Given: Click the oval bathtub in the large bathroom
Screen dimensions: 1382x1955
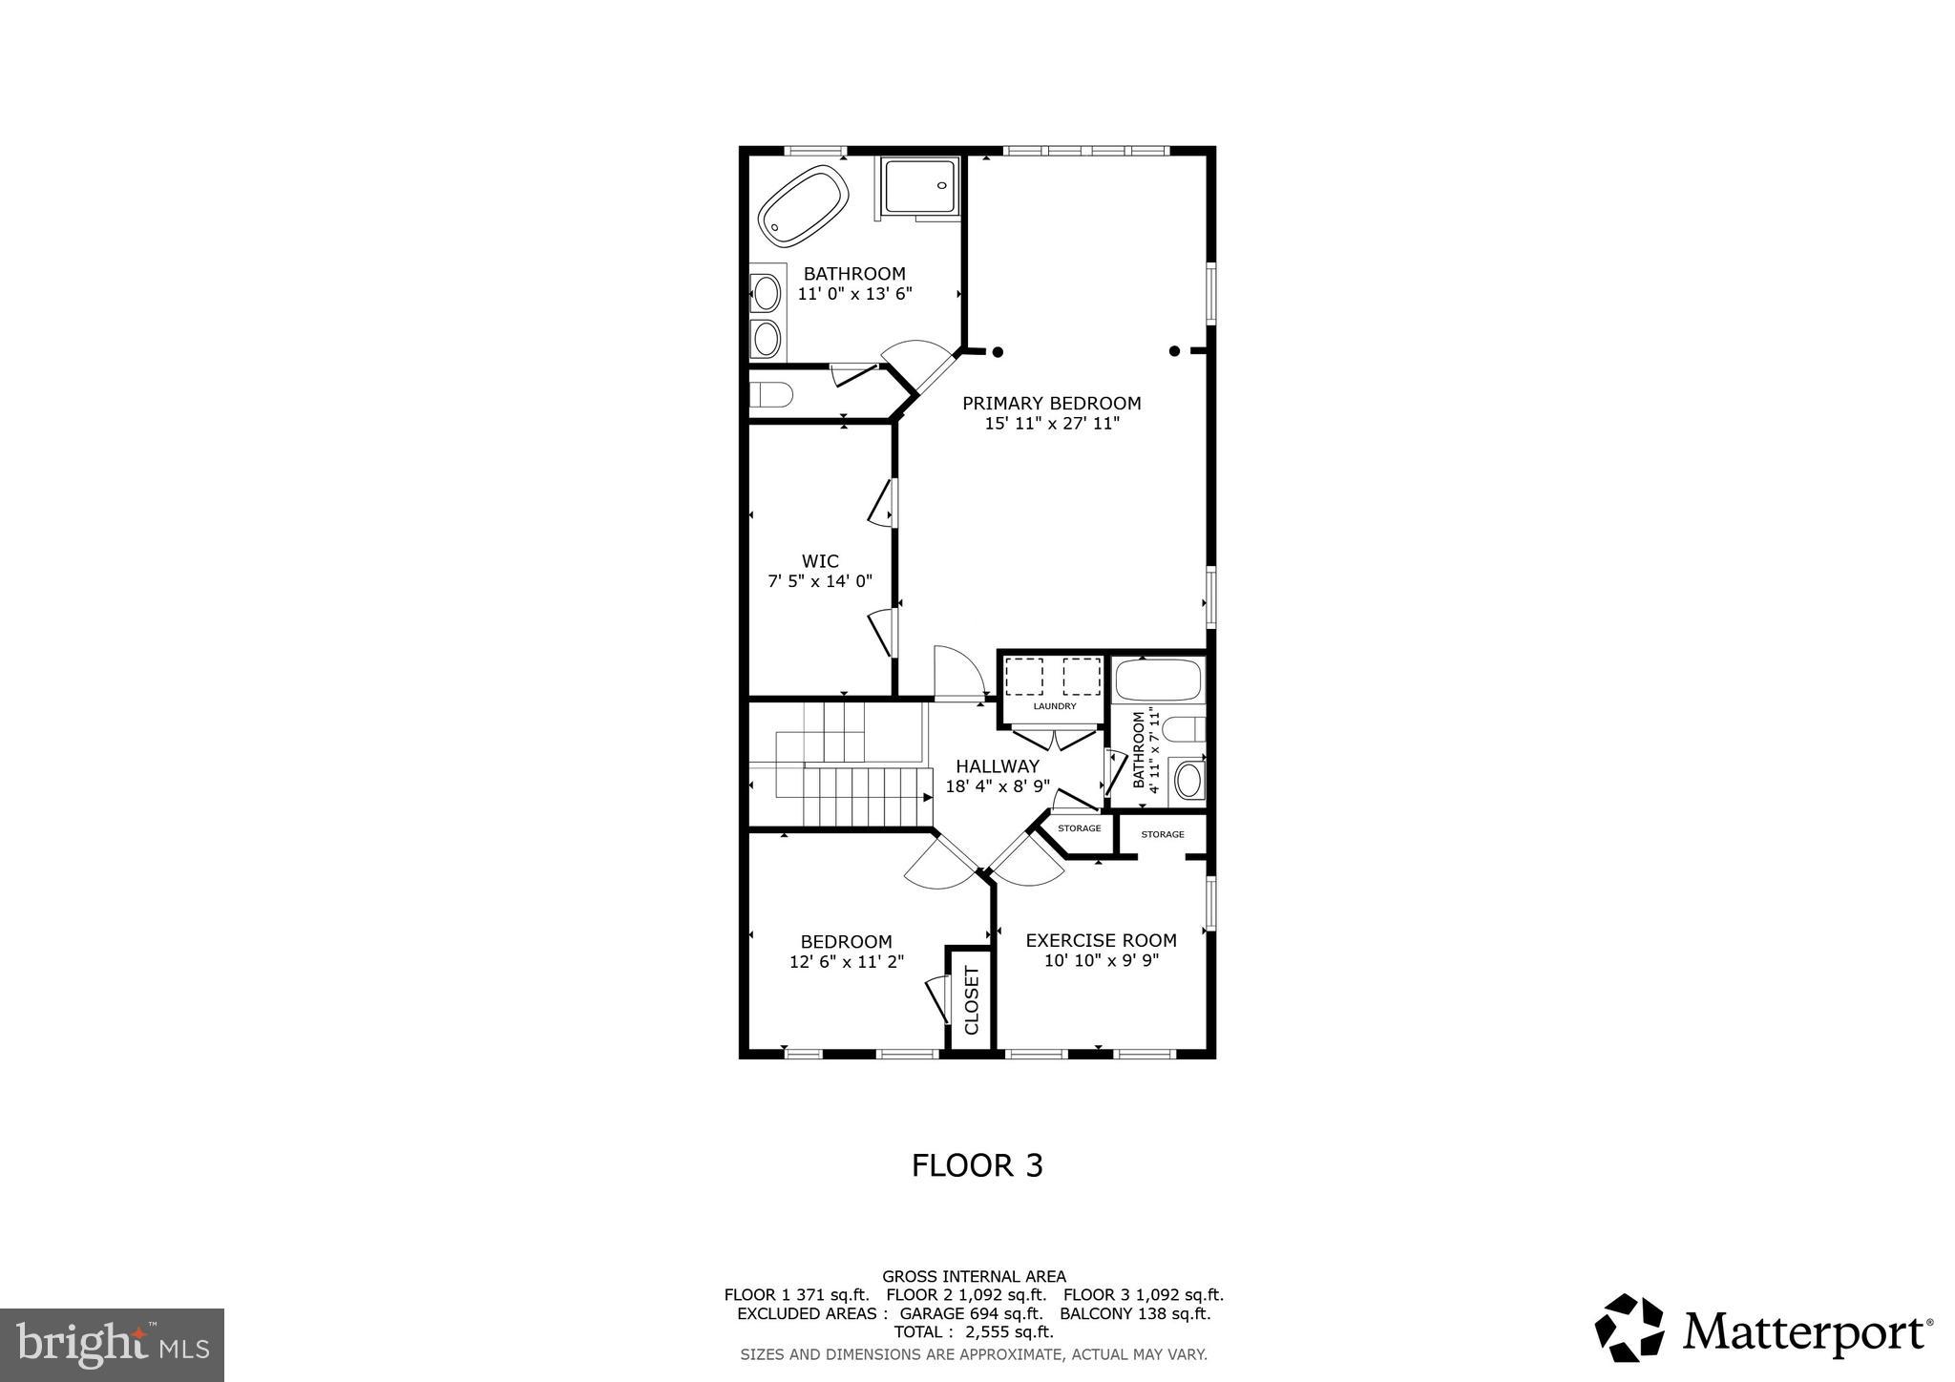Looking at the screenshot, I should [x=803, y=206].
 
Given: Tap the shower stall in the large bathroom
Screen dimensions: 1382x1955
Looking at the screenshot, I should [x=918, y=187].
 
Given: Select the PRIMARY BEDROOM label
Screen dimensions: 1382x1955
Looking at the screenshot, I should [x=1051, y=403].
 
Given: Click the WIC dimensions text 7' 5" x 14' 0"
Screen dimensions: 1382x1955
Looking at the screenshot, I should [x=820, y=580].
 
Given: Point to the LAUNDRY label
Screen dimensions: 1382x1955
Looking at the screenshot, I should [x=1054, y=706].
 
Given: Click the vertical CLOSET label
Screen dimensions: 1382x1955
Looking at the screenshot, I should [x=972, y=1000].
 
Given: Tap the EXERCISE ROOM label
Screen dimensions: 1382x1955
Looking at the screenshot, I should [x=1101, y=940].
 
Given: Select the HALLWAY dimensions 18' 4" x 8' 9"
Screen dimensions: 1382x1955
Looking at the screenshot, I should [x=998, y=786].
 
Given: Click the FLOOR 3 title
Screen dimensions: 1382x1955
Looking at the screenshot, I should [x=977, y=1165].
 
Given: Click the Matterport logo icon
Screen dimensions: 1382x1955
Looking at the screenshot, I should [x=1629, y=1328].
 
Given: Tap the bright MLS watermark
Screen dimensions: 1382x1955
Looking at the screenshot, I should [x=113, y=1345].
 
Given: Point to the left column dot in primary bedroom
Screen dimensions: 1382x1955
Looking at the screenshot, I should [x=998, y=351].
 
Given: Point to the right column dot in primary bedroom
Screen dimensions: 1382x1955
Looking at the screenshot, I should [x=1174, y=351].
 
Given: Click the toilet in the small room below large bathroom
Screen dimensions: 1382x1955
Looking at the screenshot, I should [x=771, y=394].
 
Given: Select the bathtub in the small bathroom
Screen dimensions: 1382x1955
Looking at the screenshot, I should [x=1159, y=681].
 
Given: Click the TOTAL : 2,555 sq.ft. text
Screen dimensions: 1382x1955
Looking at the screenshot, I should [x=973, y=1331].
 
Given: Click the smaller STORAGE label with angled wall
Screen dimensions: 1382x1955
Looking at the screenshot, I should [x=1079, y=828].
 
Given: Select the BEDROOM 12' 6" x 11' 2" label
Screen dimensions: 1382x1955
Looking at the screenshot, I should [x=846, y=952].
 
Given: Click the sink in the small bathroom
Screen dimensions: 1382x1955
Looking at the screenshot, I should [x=1188, y=780].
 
